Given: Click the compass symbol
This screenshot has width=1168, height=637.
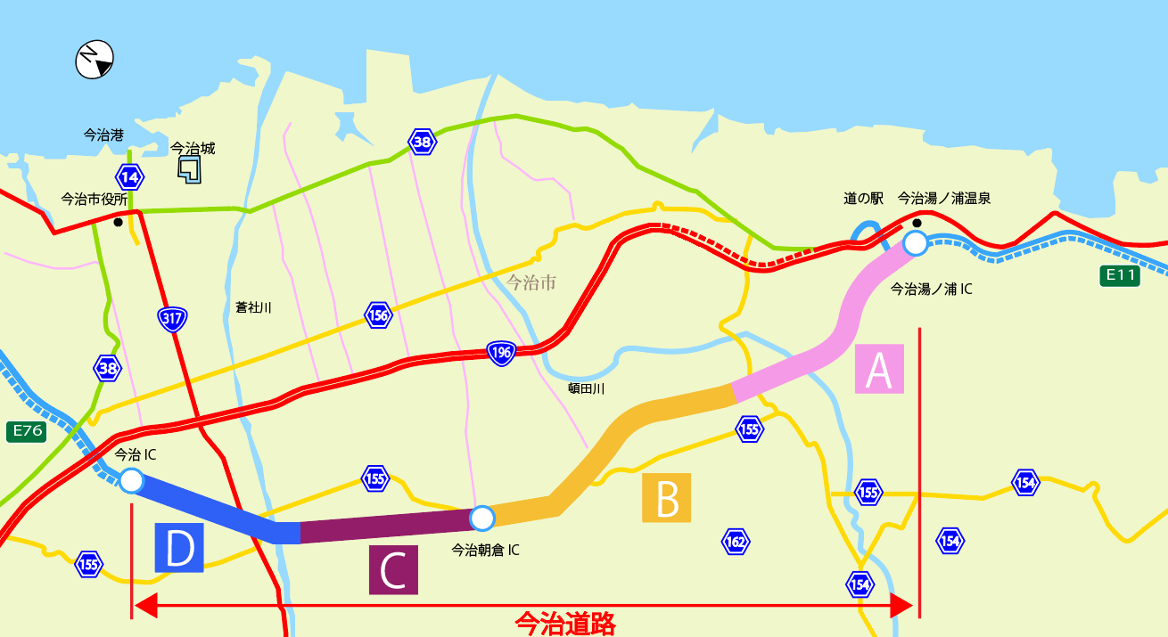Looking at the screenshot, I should [95, 60].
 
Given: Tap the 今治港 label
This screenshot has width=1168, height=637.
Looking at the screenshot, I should [103, 135].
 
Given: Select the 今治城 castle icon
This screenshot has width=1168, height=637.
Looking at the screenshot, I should [189, 169].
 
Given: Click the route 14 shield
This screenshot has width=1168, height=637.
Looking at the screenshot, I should [129, 176].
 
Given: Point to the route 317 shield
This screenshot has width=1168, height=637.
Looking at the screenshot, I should [172, 318].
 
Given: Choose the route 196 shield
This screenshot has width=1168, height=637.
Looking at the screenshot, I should [500, 353].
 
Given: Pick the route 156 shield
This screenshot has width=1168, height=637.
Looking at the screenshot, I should [379, 315].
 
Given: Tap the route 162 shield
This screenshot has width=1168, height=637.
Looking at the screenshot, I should [736, 541].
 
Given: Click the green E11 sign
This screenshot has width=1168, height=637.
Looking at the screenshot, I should [1120, 275].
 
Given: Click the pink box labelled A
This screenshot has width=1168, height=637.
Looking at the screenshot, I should [879, 369].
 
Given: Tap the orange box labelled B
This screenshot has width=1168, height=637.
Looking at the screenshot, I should [667, 497].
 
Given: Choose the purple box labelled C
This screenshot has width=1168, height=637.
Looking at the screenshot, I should [393, 569].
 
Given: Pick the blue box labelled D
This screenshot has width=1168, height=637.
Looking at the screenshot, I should [179, 547].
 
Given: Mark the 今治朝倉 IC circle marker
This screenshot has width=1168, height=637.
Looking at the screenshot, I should [481, 518].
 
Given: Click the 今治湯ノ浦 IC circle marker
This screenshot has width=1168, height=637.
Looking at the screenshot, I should [915, 242].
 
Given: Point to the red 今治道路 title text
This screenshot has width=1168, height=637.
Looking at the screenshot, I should [565, 623].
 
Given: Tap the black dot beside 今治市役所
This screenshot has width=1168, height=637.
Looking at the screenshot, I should [118, 223].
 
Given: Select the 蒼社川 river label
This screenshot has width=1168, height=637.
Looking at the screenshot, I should [253, 307].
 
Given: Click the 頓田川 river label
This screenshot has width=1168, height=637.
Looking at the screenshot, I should [587, 388].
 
